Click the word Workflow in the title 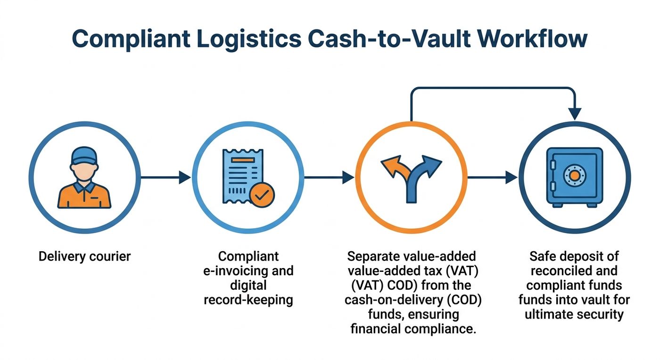532,39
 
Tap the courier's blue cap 84,156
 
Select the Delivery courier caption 84,256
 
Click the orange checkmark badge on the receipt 262,195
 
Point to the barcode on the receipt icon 237,190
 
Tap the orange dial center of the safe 574,176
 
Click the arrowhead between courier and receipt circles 185,177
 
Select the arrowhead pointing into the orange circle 348,177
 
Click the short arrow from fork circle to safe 492,177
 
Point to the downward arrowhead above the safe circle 575,114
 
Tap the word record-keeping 248,300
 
